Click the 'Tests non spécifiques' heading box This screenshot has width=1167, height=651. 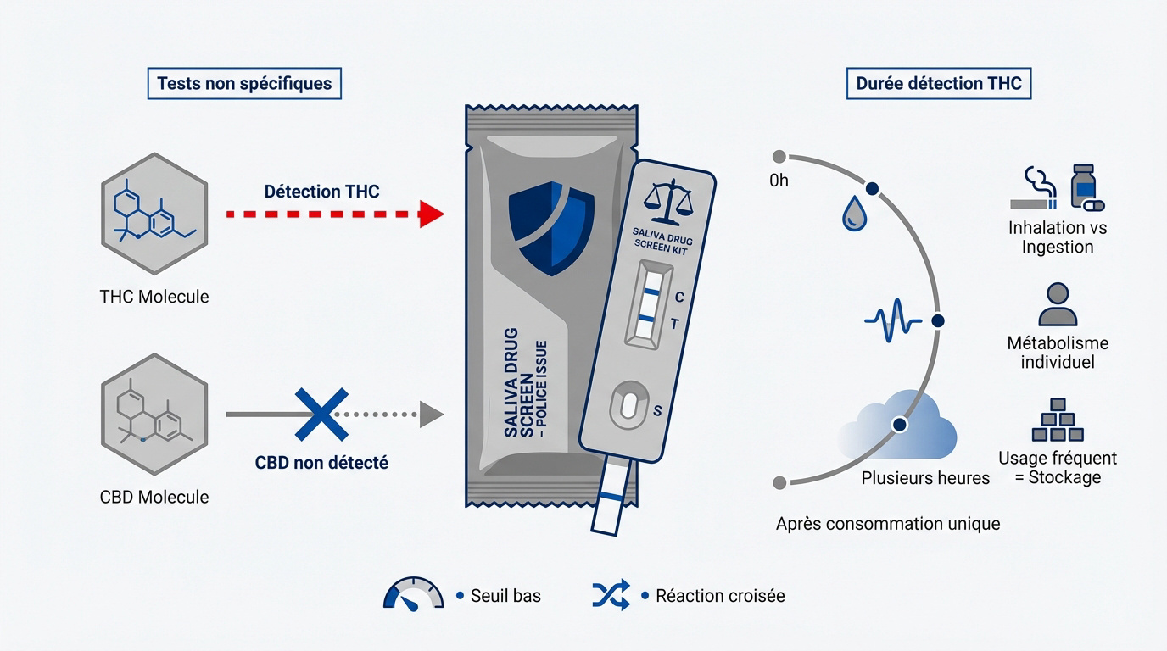(x=244, y=85)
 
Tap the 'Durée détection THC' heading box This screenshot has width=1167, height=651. (x=939, y=84)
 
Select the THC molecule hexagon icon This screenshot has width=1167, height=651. (x=154, y=214)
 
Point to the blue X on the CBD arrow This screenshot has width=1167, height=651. (x=321, y=414)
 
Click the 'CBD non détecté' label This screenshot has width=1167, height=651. (x=321, y=464)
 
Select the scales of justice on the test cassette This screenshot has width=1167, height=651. (x=668, y=198)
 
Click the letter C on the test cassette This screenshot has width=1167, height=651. (x=678, y=298)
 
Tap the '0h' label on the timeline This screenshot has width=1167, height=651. (x=779, y=181)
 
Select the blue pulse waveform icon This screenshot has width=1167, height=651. (x=893, y=322)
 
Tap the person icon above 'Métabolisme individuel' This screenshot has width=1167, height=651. (x=1057, y=305)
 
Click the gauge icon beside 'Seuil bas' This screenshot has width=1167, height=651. (x=414, y=594)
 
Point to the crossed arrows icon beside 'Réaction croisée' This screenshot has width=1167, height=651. (x=611, y=594)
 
